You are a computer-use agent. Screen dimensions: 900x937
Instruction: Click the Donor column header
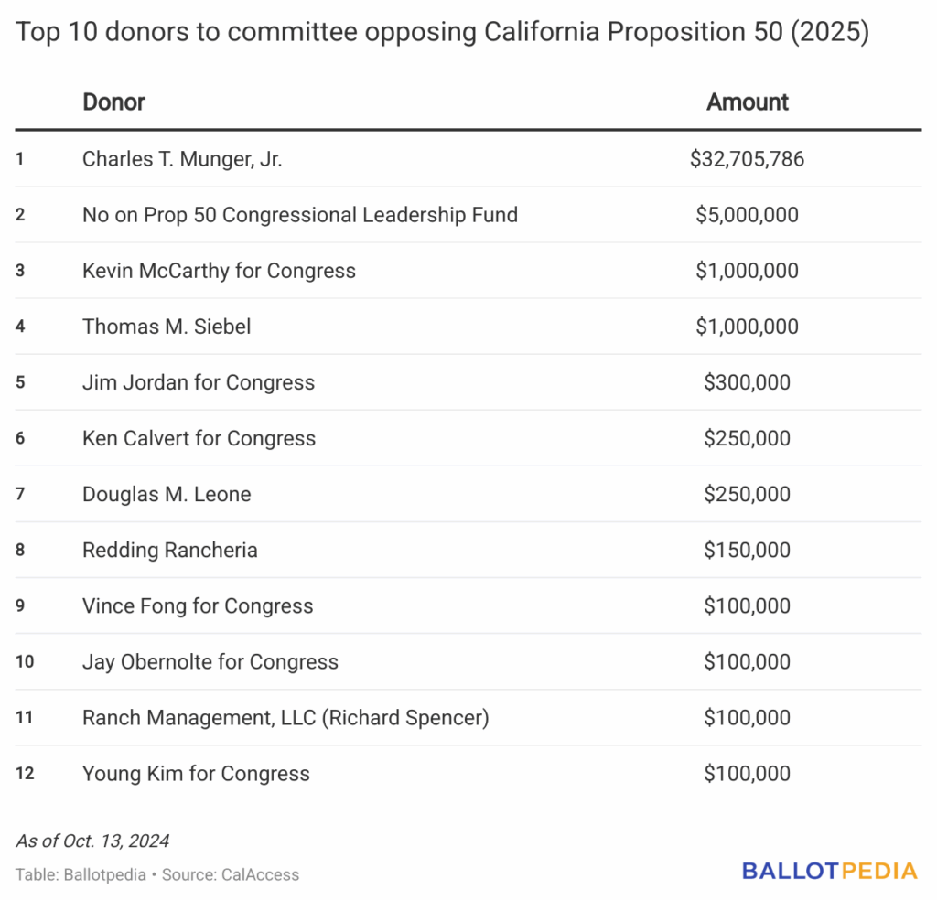click(113, 102)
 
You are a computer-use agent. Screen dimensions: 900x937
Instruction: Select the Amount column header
click(747, 102)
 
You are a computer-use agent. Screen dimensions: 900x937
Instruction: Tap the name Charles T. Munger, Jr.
click(182, 159)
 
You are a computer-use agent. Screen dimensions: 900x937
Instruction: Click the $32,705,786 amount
click(747, 159)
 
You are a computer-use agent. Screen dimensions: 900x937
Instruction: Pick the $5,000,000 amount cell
click(747, 215)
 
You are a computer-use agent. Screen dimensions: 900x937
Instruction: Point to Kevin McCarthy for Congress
click(219, 271)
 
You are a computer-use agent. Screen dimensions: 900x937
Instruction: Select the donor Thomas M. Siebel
click(167, 327)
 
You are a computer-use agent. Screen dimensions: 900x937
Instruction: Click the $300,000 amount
click(747, 382)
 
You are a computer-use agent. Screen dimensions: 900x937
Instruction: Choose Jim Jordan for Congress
click(199, 382)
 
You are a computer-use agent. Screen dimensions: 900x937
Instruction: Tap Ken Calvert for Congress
click(199, 438)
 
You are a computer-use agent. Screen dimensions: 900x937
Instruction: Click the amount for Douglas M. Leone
click(747, 494)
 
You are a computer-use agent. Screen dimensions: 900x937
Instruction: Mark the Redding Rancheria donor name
click(170, 550)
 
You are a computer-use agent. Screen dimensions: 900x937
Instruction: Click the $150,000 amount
click(747, 550)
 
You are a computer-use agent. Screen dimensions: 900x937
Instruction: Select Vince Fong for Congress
click(198, 605)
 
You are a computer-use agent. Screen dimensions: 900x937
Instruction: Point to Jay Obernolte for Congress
click(210, 661)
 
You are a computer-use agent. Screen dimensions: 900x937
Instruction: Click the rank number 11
click(25, 717)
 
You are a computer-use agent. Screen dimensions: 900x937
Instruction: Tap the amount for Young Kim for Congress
click(747, 773)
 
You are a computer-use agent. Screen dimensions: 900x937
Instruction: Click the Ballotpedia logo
click(829, 871)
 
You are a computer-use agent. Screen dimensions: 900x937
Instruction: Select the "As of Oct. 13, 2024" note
click(92, 841)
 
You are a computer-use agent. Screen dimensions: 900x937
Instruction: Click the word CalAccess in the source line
click(260, 874)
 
